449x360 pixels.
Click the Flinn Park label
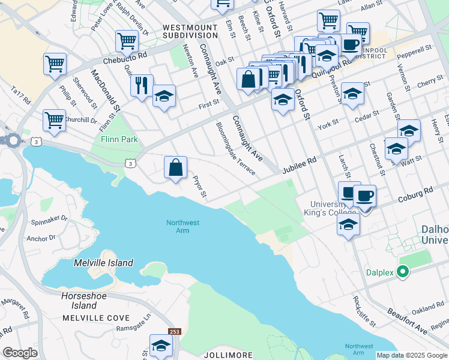point(119,139)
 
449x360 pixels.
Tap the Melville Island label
point(103,263)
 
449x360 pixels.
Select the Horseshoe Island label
point(87,301)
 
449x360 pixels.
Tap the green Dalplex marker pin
point(403,272)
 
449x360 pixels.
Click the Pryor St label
point(199,187)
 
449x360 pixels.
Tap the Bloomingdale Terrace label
point(235,149)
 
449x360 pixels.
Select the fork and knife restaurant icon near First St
point(142,85)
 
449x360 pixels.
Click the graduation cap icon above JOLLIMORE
point(161,345)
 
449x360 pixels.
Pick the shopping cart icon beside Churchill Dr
point(54,120)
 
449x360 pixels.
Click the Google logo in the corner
point(20,353)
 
